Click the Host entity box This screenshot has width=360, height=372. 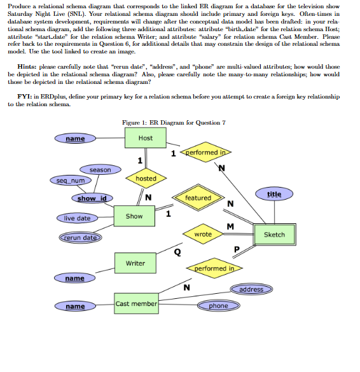coord(146,138)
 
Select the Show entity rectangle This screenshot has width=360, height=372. coord(134,216)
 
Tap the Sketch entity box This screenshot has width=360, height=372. coord(274,235)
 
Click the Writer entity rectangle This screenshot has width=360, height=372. coord(135,263)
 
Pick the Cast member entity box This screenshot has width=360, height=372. coord(136,303)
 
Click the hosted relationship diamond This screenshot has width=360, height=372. coord(146,179)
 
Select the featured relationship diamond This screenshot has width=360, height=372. coord(198,198)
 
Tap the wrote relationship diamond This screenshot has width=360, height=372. coord(203,235)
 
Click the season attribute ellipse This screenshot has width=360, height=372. coord(100,170)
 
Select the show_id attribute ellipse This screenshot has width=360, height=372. coord(92,199)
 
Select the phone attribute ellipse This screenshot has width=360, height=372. coord(218,306)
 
